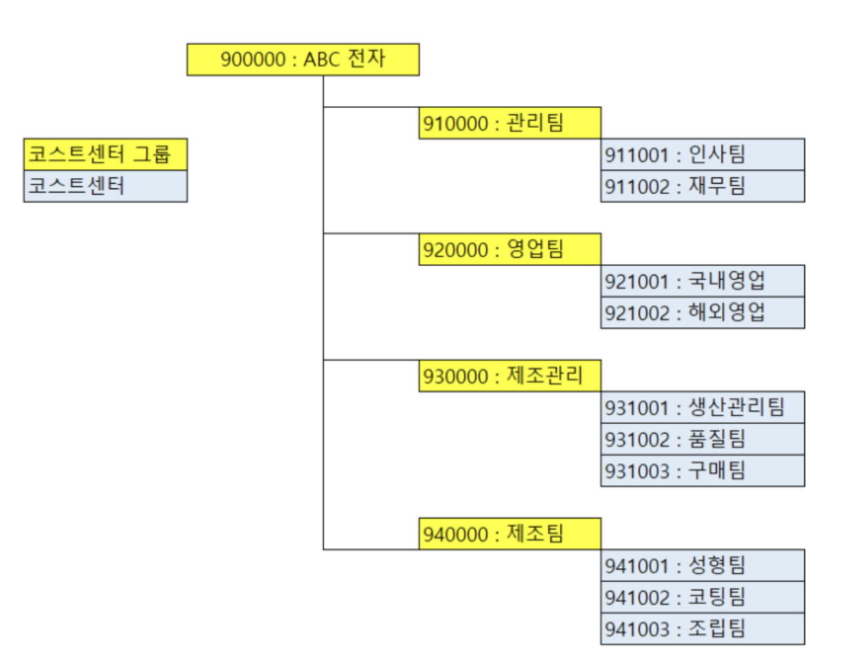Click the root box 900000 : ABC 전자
303,59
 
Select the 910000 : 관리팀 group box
509,123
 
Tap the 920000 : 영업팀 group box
509,249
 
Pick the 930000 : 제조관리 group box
509,376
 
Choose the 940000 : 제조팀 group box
509,534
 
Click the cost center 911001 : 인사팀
702,155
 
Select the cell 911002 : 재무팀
702,186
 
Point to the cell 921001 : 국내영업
702,281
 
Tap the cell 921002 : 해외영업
702,312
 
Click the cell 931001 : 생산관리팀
702,407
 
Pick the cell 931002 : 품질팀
702,438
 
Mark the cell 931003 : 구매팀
702,470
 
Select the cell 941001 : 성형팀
702,565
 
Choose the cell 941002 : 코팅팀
702,596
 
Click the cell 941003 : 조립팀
702,628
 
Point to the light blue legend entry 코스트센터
105,186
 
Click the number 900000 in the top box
253,59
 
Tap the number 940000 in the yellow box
456,534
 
